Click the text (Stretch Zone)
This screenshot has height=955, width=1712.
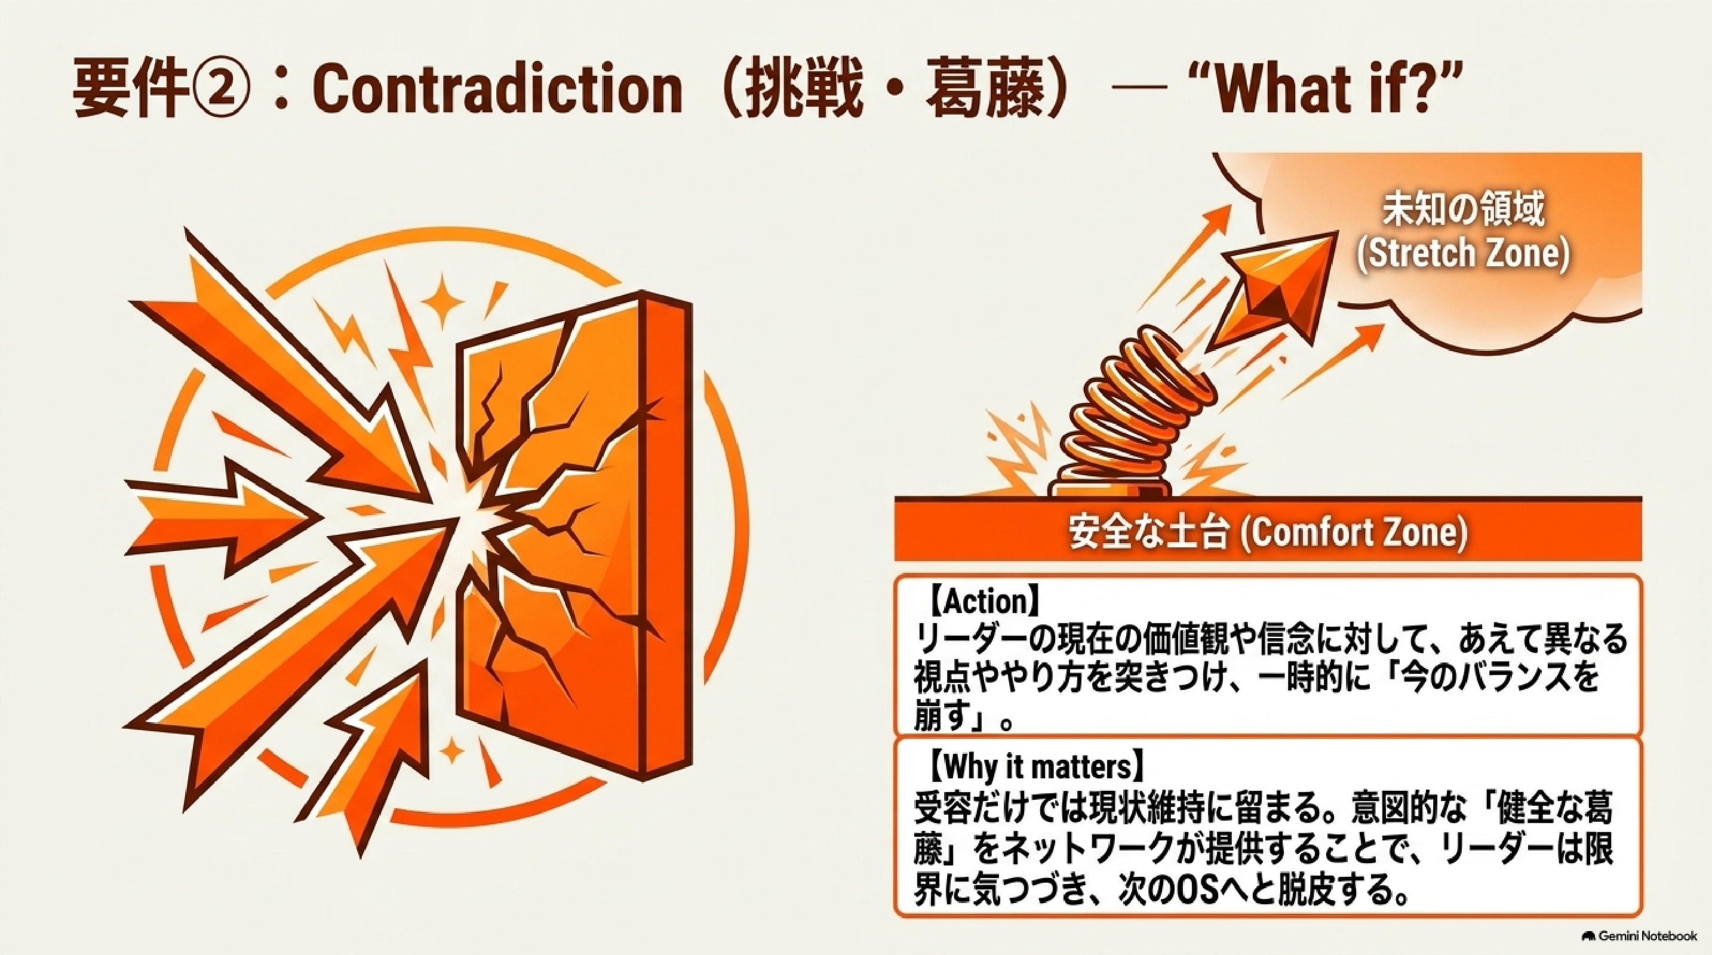point(1463,254)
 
